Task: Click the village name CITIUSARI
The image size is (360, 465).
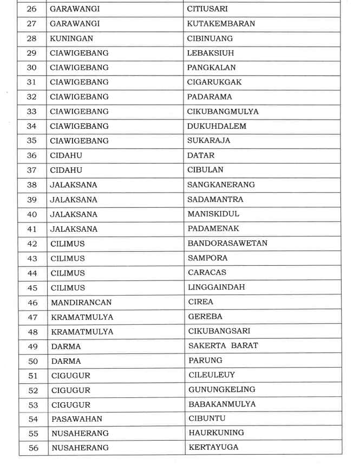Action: (207, 9)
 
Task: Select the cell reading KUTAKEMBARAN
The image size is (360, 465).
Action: (221, 24)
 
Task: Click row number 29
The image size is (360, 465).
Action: (32, 53)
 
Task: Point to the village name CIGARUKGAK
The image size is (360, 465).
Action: (214, 82)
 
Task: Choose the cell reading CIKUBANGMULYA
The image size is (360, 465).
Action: (223, 112)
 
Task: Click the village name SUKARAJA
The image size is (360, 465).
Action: (209, 141)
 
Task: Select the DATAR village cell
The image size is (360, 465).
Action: (201, 155)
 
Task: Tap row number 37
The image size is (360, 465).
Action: (32, 170)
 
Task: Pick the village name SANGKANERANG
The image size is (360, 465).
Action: (221, 185)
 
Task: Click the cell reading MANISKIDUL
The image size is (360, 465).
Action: (213, 214)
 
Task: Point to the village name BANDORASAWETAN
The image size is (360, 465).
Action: (227, 243)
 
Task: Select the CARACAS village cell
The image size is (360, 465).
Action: (207, 272)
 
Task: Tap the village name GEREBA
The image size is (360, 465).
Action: (205, 316)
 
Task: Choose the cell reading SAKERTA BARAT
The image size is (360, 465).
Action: (223, 345)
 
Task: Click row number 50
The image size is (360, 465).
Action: (32, 360)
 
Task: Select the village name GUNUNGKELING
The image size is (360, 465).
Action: (222, 389)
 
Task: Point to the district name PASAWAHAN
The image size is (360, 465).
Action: (76, 418)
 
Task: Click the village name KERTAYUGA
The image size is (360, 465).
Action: (213, 447)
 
